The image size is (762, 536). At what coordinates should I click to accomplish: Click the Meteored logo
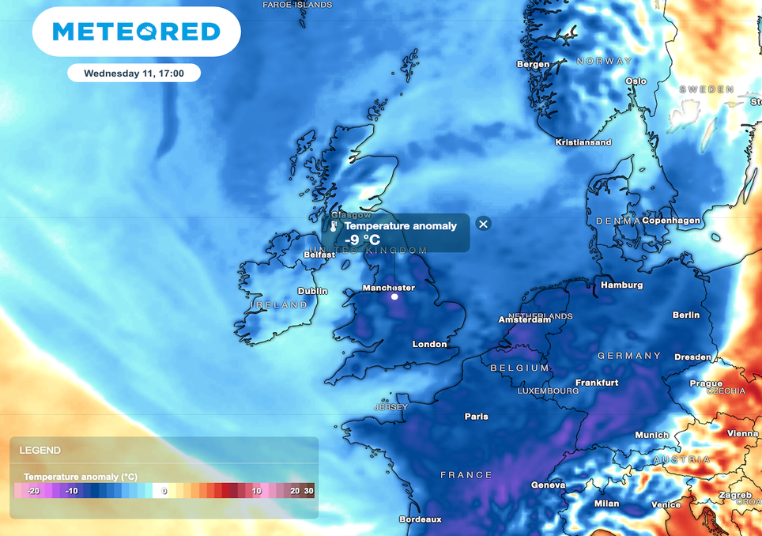(136, 32)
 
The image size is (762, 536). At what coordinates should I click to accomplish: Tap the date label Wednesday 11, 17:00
(134, 74)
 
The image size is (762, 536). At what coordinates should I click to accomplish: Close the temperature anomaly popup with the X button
(484, 224)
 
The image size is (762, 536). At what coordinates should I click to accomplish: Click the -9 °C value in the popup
(363, 240)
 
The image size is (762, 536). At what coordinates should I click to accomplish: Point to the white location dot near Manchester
(394, 297)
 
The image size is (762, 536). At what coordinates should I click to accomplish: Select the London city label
(429, 344)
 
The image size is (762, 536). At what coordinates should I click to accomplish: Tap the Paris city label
(476, 417)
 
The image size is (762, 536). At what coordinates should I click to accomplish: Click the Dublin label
(313, 291)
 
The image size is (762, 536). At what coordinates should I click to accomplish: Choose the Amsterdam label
(524, 320)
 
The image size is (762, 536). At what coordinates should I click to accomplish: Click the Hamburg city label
(621, 285)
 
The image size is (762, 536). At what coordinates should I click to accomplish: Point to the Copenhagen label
(671, 221)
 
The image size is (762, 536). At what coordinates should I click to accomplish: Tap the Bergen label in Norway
(533, 64)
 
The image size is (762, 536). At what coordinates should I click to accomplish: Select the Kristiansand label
(583, 142)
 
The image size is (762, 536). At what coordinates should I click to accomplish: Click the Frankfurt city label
(596, 383)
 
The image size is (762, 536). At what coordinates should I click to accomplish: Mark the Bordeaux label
(420, 519)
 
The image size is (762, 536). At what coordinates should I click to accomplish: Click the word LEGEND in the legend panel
(40, 450)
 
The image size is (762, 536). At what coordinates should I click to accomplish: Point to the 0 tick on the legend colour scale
(164, 491)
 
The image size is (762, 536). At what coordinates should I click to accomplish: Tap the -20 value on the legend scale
(33, 491)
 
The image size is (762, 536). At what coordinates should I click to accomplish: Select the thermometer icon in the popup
(334, 226)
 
